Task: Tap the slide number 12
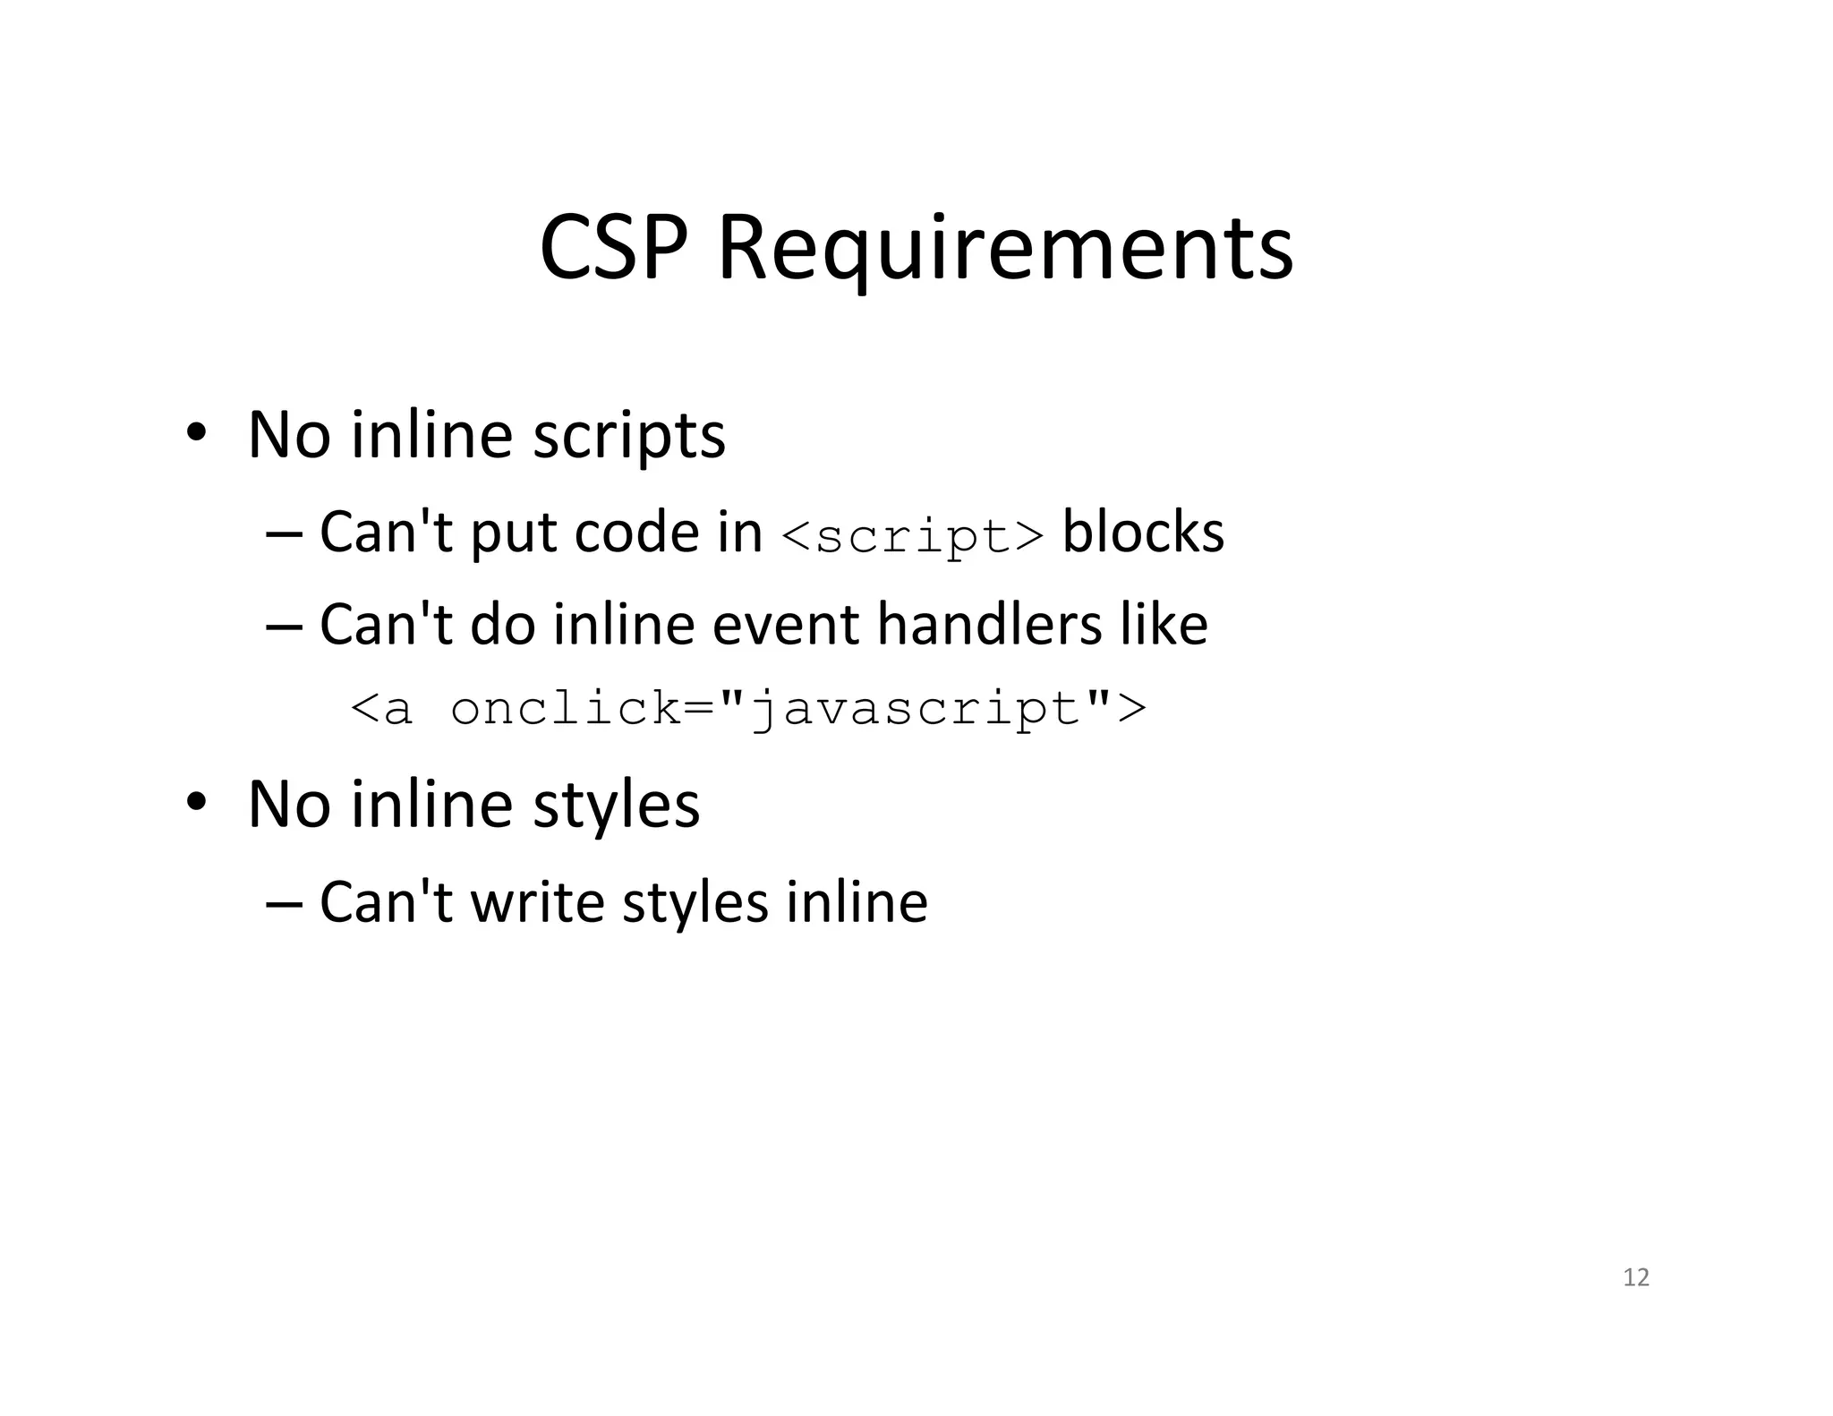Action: [1635, 1277]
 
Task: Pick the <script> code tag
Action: [911, 535]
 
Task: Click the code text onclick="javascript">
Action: [797, 709]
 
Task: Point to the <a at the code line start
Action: [382, 709]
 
